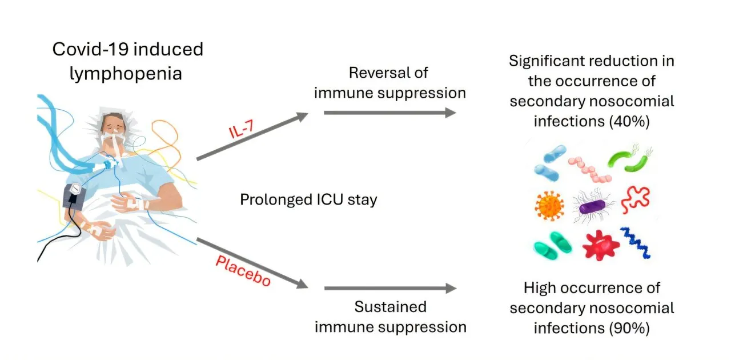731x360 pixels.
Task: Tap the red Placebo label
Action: (243, 271)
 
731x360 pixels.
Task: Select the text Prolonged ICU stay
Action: (308, 200)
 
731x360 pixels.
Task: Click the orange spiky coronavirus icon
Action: (550, 205)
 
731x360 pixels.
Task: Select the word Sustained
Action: (390, 307)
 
